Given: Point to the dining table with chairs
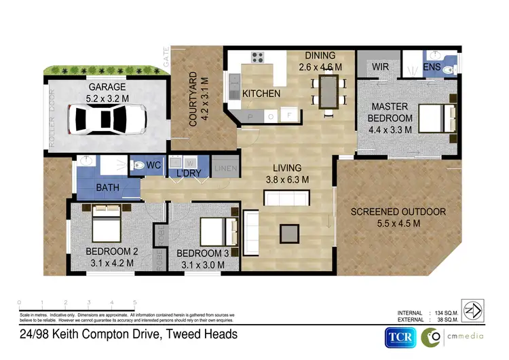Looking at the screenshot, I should [x=330, y=92].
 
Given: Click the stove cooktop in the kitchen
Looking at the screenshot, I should [x=259, y=57].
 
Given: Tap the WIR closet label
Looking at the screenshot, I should [x=380, y=67].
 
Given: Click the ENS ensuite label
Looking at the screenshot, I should [x=432, y=67].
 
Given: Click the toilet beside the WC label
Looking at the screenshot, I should [x=135, y=165].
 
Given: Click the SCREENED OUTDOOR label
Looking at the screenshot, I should [x=398, y=212].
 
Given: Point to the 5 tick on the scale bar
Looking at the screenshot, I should [x=135, y=302].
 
